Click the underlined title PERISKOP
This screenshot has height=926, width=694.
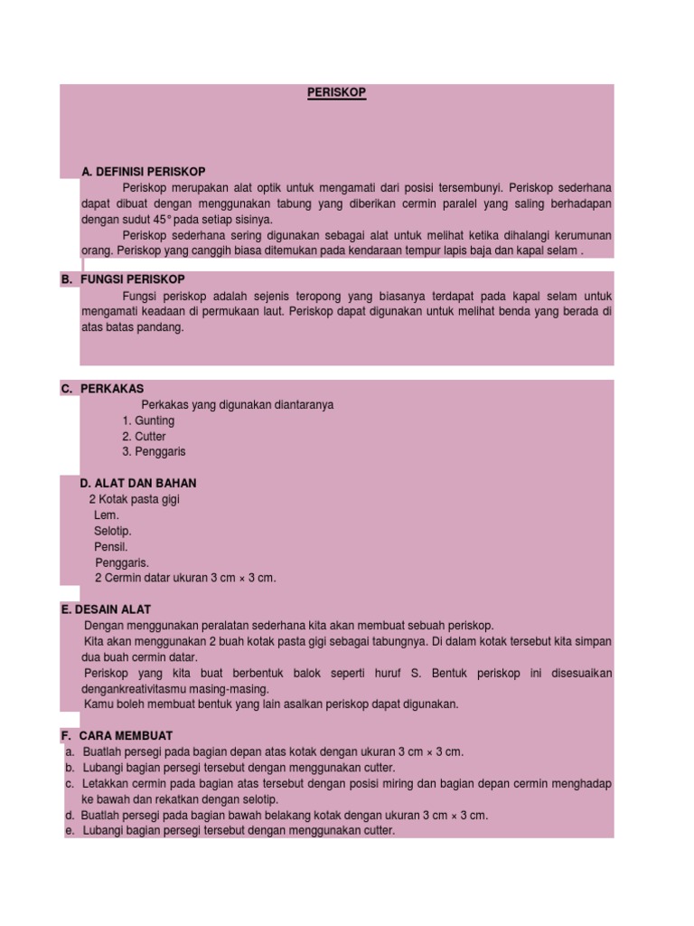click(x=336, y=92)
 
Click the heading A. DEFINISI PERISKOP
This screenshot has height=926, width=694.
click(x=143, y=172)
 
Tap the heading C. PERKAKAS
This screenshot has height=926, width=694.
click(x=102, y=389)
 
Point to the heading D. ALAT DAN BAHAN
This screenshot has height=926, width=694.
click(x=137, y=483)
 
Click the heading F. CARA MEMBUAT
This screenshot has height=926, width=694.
click(x=117, y=735)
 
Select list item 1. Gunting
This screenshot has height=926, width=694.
click(x=148, y=420)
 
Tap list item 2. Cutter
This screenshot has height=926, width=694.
click(x=144, y=436)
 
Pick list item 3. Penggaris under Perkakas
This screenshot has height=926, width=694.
click(x=154, y=451)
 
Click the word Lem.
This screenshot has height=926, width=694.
click(x=106, y=515)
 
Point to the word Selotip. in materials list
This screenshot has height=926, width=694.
click(x=112, y=531)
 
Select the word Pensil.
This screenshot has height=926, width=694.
click(x=110, y=547)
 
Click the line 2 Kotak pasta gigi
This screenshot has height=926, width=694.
click(x=135, y=499)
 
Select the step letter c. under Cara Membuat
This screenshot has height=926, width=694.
click(x=70, y=783)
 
